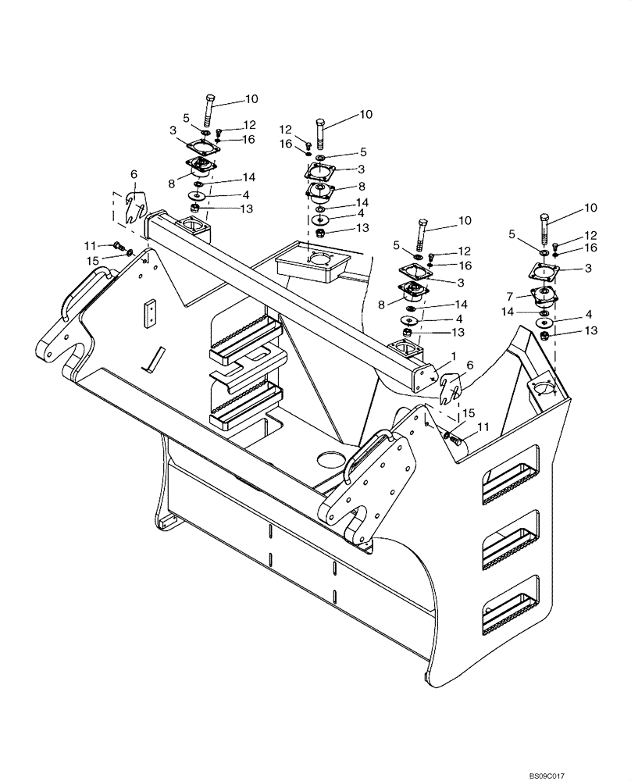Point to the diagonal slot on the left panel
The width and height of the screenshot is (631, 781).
point(154,358)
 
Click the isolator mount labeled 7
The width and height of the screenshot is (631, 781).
point(542,298)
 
